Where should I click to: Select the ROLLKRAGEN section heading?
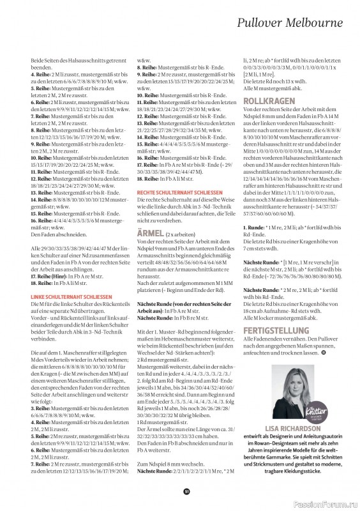[x=268, y=102]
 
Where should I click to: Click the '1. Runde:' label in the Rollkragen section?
[x=254, y=227]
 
